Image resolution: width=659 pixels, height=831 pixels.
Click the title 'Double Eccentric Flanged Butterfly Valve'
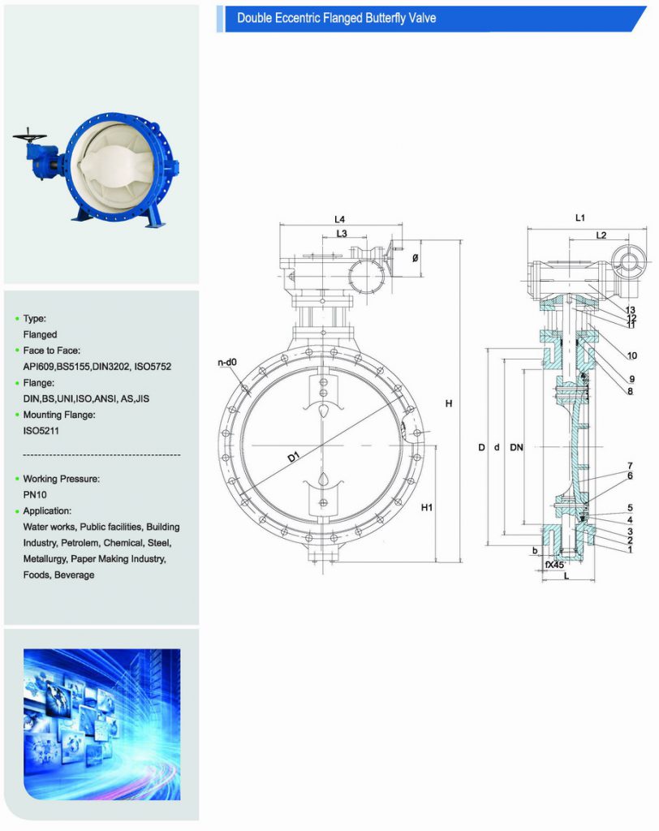click(x=336, y=18)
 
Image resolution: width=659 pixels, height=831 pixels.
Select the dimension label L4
click(x=339, y=220)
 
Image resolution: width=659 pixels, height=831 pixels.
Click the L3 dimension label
click(x=342, y=234)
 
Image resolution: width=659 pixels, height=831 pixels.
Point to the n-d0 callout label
click(x=227, y=362)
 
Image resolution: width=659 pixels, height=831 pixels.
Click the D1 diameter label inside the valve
click(x=293, y=459)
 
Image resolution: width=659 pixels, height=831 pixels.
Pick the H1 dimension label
click(x=426, y=508)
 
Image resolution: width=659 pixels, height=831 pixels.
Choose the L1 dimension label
click(x=580, y=217)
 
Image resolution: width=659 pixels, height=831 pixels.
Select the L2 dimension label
click(x=601, y=235)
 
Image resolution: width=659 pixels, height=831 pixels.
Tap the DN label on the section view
click(x=515, y=448)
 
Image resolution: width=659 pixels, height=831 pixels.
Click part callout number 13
click(x=630, y=310)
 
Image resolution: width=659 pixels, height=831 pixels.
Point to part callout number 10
click(x=631, y=355)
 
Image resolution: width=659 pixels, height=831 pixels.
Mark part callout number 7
click(x=629, y=466)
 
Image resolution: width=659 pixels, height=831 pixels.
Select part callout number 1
click(x=629, y=549)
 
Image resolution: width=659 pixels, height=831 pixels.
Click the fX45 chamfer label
click(x=554, y=563)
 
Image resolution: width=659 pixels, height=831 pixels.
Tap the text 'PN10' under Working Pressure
click(x=36, y=494)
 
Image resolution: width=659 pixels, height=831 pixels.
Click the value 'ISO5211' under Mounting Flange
click(x=40, y=431)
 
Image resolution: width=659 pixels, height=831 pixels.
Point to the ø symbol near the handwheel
click(x=416, y=258)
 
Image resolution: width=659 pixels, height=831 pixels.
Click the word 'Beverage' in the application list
click(x=74, y=575)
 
